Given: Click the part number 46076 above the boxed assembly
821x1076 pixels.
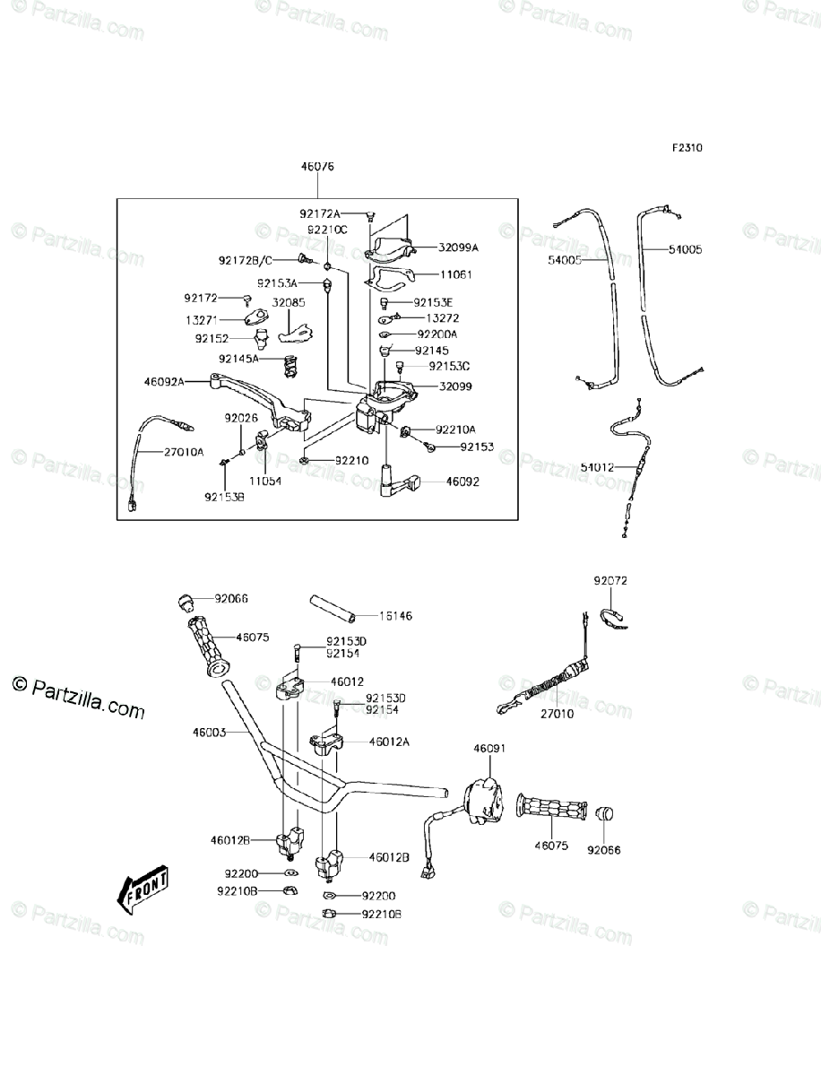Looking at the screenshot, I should pos(317,167).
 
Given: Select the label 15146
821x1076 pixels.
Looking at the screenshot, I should pos(394,617).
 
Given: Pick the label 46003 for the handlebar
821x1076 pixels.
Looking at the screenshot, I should pos(209,733).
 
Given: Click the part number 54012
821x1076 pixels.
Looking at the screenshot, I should pos(598,467).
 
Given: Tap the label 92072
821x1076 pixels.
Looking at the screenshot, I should pos(610,581).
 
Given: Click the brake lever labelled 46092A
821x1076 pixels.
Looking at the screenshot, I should pos(251,400).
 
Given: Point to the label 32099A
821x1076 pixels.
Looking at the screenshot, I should pos(458,247).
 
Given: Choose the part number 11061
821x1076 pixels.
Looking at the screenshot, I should pos(455,274).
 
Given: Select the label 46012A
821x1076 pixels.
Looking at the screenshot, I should pos(388,742).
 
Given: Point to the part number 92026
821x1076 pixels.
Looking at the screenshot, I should pos(240,418).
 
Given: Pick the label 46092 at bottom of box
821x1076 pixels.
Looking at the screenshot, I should pos(462,482).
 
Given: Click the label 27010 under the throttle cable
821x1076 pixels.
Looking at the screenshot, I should pos(557,714).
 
